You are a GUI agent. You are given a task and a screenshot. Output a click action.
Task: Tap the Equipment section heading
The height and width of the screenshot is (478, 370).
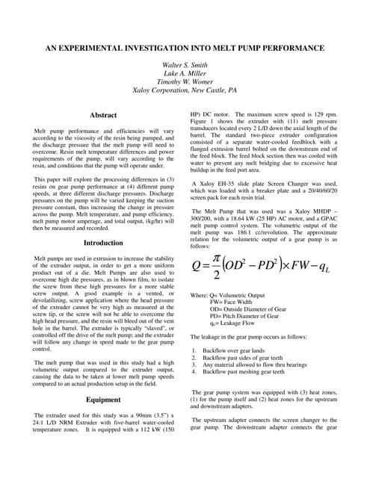coord(103,400)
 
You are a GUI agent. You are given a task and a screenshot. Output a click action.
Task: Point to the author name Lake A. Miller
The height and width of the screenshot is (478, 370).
coord(184,75)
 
